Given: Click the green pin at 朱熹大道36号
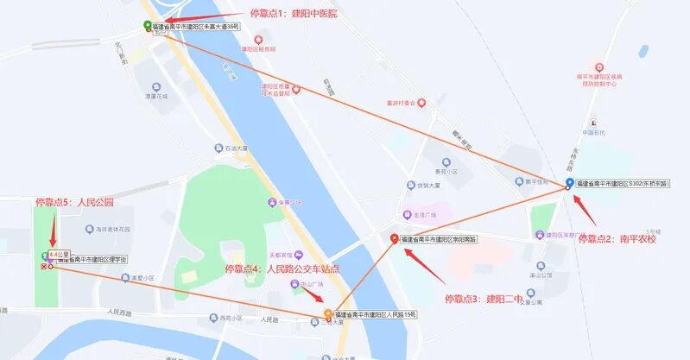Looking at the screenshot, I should point(147,26).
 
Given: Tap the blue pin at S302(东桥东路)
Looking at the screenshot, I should point(569,183).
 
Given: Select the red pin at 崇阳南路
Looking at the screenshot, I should point(395,239).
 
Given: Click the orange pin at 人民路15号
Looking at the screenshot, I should point(327,314).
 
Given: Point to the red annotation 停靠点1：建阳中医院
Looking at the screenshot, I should point(293,13).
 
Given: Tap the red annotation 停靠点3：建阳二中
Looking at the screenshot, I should point(483,299).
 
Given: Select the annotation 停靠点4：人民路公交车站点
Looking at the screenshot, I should point(282,268).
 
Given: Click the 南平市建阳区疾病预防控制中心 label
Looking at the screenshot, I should point(599,79).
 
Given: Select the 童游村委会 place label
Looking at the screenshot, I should point(401,103).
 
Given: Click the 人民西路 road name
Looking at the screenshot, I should point(124,311).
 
